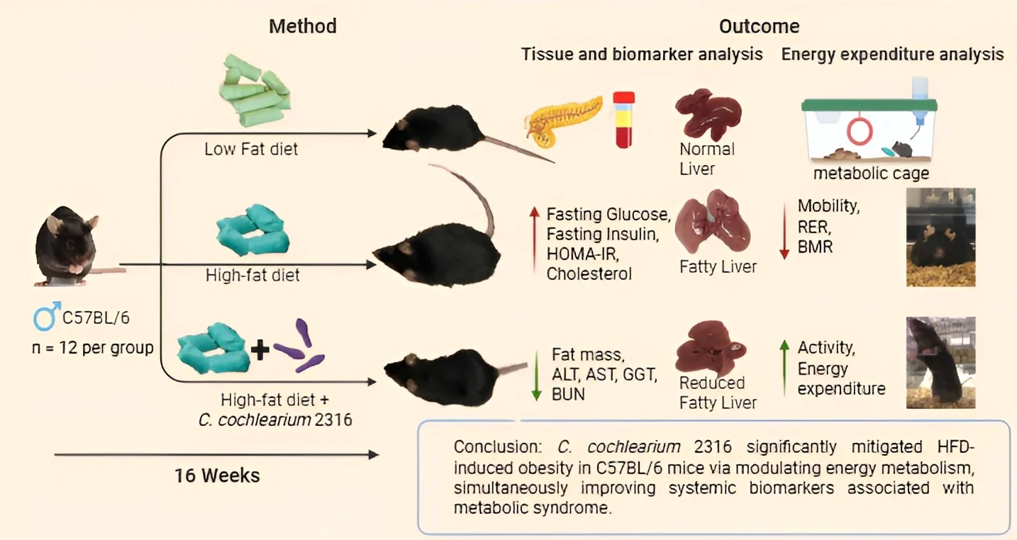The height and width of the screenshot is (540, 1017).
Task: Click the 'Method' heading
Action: click(x=303, y=27)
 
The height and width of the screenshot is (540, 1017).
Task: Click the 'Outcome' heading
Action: click(x=759, y=27)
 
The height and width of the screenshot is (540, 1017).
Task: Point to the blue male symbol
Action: click(x=45, y=317)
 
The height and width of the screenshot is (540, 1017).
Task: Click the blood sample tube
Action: click(x=624, y=120)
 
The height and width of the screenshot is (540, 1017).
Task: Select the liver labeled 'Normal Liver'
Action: click(x=706, y=113)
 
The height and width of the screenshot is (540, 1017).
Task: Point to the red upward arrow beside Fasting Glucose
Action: click(x=533, y=242)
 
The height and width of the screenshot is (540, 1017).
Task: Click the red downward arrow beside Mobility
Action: click(x=784, y=229)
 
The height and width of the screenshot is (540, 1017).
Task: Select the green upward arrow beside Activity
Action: click(x=784, y=366)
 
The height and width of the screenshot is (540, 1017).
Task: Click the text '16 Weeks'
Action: click(x=217, y=475)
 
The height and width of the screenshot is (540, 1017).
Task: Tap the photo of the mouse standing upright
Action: click(x=940, y=362)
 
